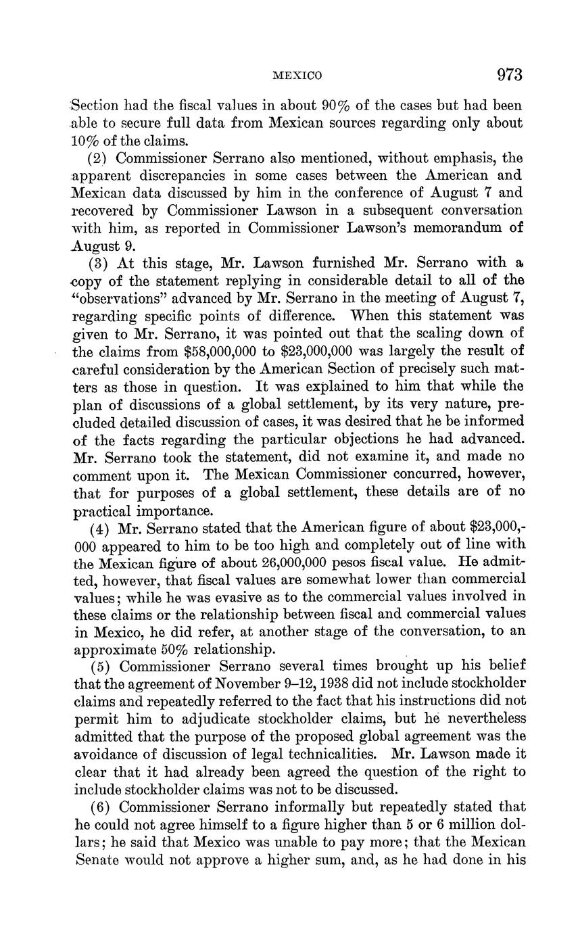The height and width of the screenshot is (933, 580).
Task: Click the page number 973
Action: (x=510, y=74)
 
